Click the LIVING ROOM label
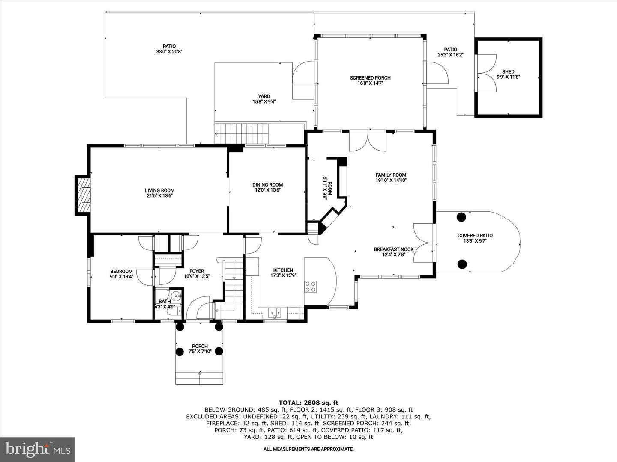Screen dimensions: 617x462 pos(160,190)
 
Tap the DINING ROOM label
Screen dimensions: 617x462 pos(267,184)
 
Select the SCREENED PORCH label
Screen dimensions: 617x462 pos(370,78)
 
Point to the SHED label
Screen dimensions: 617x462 pos(508,71)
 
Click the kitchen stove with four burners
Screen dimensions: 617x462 pos(310,287)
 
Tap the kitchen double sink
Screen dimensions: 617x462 pos(274,312)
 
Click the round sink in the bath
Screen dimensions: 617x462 pos(176,295)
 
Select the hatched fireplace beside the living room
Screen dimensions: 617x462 pos(84,195)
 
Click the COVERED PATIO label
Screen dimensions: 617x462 pos(475,236)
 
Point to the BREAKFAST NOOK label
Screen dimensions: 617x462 pos(394,249)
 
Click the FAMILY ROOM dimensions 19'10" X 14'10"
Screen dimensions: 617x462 pos(391,181)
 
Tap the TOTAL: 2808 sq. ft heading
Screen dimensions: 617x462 pos(308,403)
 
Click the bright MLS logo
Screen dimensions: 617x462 pos(38,449)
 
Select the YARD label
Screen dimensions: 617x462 pos(264,96)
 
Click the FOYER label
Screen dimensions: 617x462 pos(197,271)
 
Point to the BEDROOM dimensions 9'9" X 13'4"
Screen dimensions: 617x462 pos(121,277)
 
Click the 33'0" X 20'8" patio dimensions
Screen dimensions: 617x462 pos(169,52)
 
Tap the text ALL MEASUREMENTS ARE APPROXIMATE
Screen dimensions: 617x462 pos(308,449)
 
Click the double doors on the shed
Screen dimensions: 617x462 pos(486,73)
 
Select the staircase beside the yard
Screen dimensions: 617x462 pos(242,133)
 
